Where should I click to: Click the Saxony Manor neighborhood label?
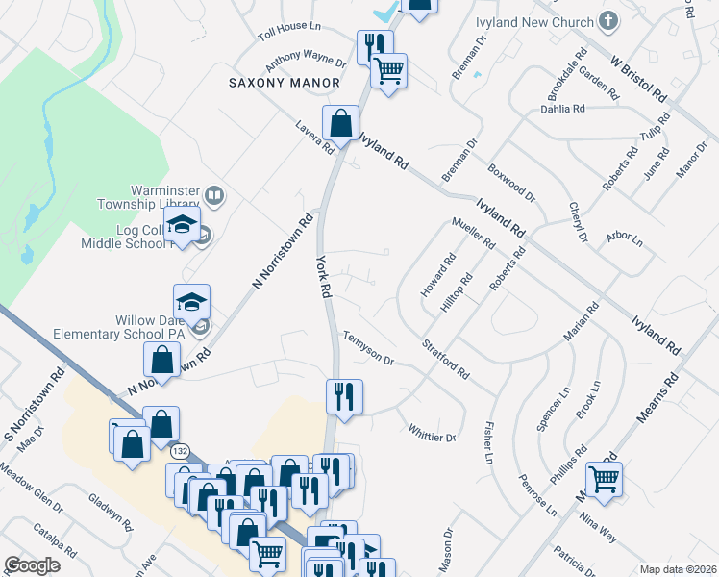tap(285, 83)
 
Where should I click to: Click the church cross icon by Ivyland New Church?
tap(607, 20)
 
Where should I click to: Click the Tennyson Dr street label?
tap(368, 346)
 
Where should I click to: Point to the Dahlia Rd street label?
tap(563, 109)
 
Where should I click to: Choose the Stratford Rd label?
tap(445, 358)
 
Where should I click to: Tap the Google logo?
tap(33, 565)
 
